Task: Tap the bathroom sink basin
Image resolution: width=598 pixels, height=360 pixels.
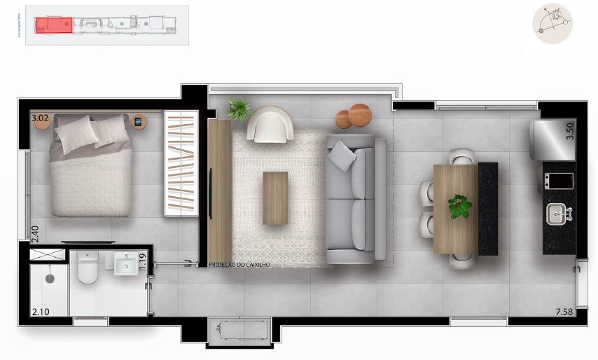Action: (x=127, y=265)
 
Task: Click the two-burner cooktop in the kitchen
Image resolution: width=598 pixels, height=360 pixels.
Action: (x=558, y=181)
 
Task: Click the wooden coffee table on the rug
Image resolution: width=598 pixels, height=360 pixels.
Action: (x=275, y=198)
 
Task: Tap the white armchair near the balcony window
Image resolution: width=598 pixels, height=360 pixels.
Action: (x=270, y=124)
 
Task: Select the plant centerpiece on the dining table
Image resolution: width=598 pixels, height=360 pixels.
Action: (x=459, y=207)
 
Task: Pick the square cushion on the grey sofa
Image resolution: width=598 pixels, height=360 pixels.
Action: (x=342, y=155)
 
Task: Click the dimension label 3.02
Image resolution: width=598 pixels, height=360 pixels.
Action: (x=40, y=118)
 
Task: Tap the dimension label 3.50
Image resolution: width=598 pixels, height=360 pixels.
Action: (x=569, y=131)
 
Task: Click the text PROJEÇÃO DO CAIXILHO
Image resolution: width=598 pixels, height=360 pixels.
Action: (x=239, y=265)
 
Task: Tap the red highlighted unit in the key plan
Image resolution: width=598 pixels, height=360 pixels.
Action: (x=54, y=25)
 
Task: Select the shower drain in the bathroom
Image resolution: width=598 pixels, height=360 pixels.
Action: (x=49, y=278)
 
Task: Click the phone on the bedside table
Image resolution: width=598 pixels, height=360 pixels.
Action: (x=138, y=122)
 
